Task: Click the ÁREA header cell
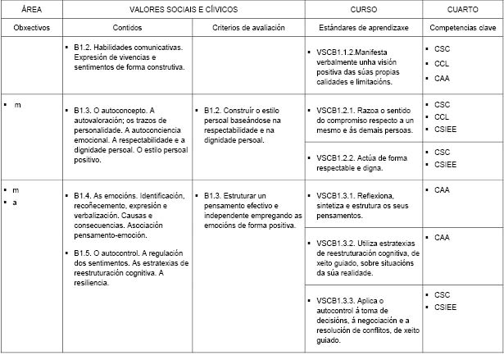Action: [x=30, y=8]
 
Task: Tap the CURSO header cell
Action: [x=363, y=8]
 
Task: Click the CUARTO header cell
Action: [x=463, y=8]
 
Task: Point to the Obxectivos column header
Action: [x=32, y=27]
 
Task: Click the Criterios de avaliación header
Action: [x=248, y=27]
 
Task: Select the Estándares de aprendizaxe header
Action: [x=363, y=27]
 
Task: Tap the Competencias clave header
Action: [x=463, y=27]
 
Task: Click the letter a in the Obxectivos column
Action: [x=15, y=202]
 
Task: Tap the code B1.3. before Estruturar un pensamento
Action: [x=212, y=195]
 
